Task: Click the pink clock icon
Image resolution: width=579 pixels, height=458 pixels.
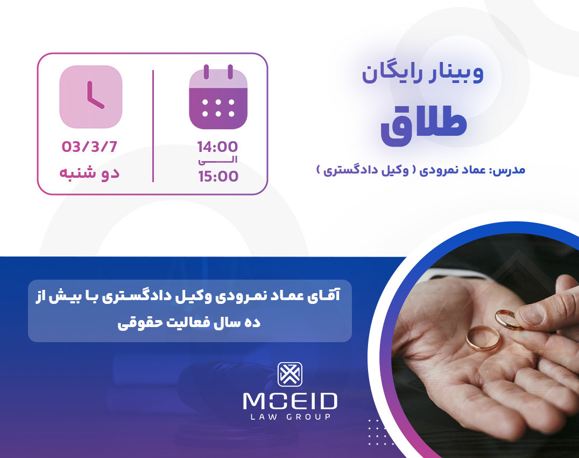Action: click(90, 97)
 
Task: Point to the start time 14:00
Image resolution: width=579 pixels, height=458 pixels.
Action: click(217, 147)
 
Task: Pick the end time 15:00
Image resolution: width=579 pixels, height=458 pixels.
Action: click(217, 176)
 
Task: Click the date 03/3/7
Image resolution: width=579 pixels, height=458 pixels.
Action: click(90, 146)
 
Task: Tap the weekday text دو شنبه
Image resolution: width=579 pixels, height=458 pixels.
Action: click(89, 173)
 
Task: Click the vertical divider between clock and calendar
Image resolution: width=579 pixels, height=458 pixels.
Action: click(153, 126)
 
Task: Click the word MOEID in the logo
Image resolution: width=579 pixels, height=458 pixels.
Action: click(289, 401)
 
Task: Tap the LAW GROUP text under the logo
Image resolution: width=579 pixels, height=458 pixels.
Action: click(289, 417)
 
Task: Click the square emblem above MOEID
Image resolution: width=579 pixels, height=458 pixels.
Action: click(289, 374)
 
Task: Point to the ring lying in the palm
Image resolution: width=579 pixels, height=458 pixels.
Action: click(483, 338)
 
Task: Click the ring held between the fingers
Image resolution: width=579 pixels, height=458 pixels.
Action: click(509, 318)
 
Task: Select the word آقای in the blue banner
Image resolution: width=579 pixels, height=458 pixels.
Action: click(330, 297)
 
